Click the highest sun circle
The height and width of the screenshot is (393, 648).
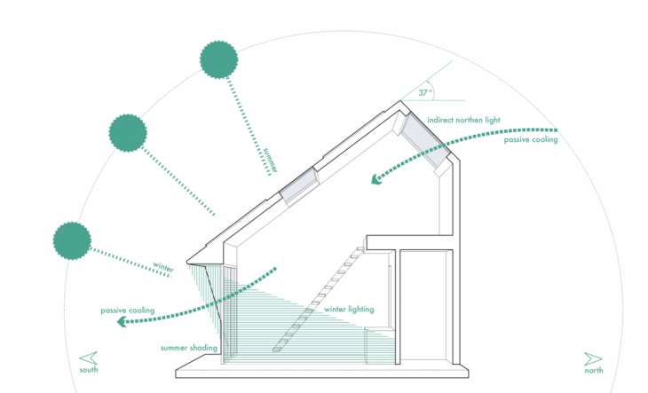(218, 59)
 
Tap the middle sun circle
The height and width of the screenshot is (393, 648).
(128, 132)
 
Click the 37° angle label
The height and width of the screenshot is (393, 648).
(425, 91)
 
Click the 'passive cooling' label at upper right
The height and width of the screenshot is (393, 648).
(531, 140)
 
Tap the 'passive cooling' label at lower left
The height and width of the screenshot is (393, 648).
(128, 310)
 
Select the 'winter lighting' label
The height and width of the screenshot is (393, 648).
(349, 310)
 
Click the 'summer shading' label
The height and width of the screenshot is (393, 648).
(189, 348)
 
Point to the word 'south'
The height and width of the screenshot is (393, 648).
(89, 369)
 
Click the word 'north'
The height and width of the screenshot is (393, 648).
(593, 370)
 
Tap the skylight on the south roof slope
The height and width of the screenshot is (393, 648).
(300, 185)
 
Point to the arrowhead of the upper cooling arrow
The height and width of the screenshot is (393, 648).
(376, 181)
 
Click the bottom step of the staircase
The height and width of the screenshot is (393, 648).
(278, 350)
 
